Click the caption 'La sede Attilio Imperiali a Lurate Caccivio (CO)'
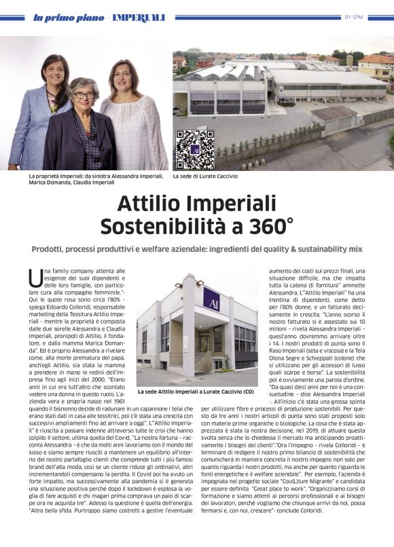196,392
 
